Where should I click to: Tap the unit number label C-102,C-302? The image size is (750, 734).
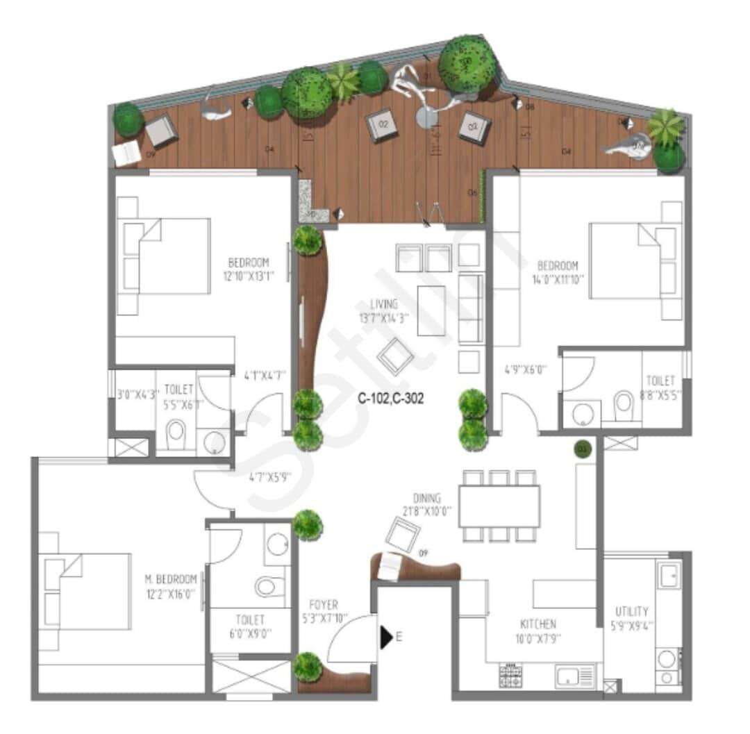tap(390, 399)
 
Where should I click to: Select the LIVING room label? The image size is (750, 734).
tap(383, 304)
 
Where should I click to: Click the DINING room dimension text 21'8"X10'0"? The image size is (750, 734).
tap(427, 510)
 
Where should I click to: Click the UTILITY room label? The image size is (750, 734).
tap(632, 612)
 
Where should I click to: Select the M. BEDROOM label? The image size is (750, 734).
tap(170, 578)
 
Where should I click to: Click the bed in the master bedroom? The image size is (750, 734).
tap(87, 591)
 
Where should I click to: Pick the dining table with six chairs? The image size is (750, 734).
tap(499, 506)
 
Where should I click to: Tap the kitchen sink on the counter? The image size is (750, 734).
tap(569, 676)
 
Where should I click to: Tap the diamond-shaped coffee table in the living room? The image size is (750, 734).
tap(396, 356)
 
